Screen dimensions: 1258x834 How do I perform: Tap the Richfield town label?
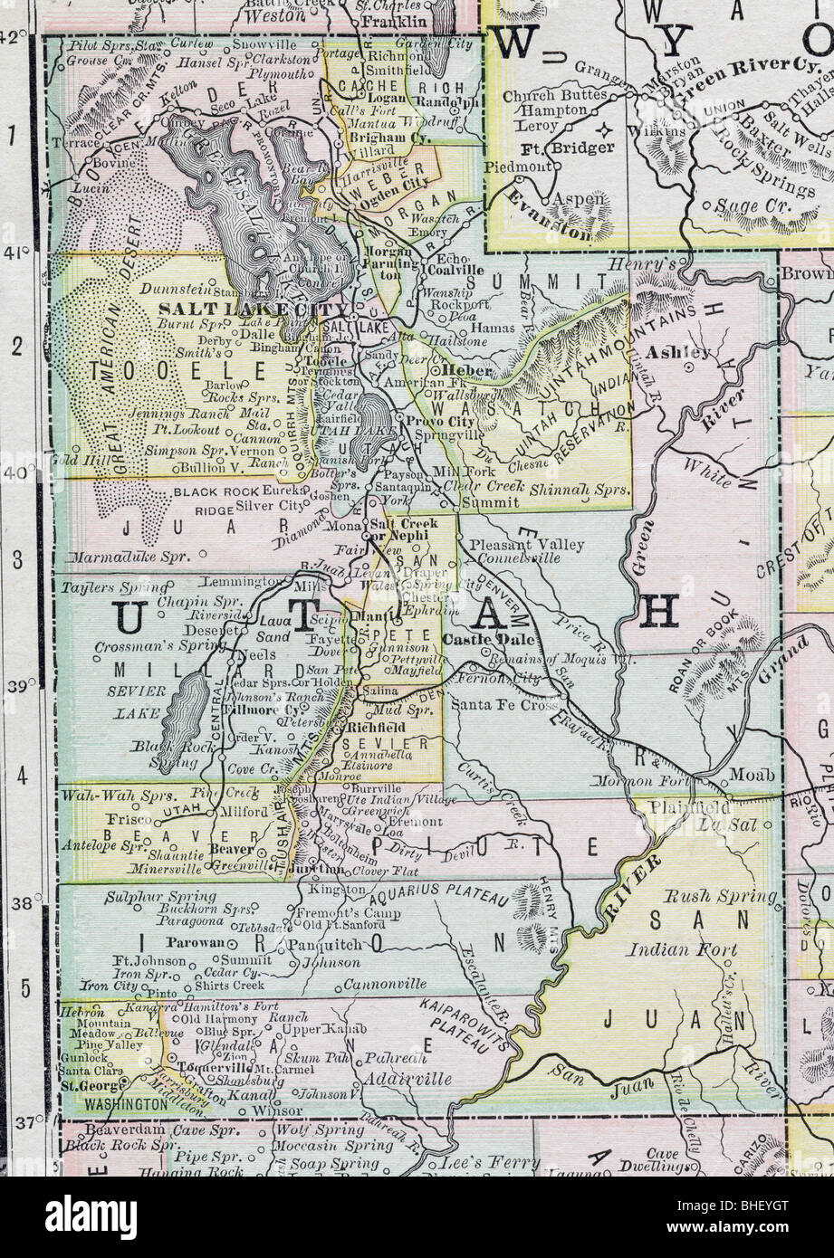click(373, 726)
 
